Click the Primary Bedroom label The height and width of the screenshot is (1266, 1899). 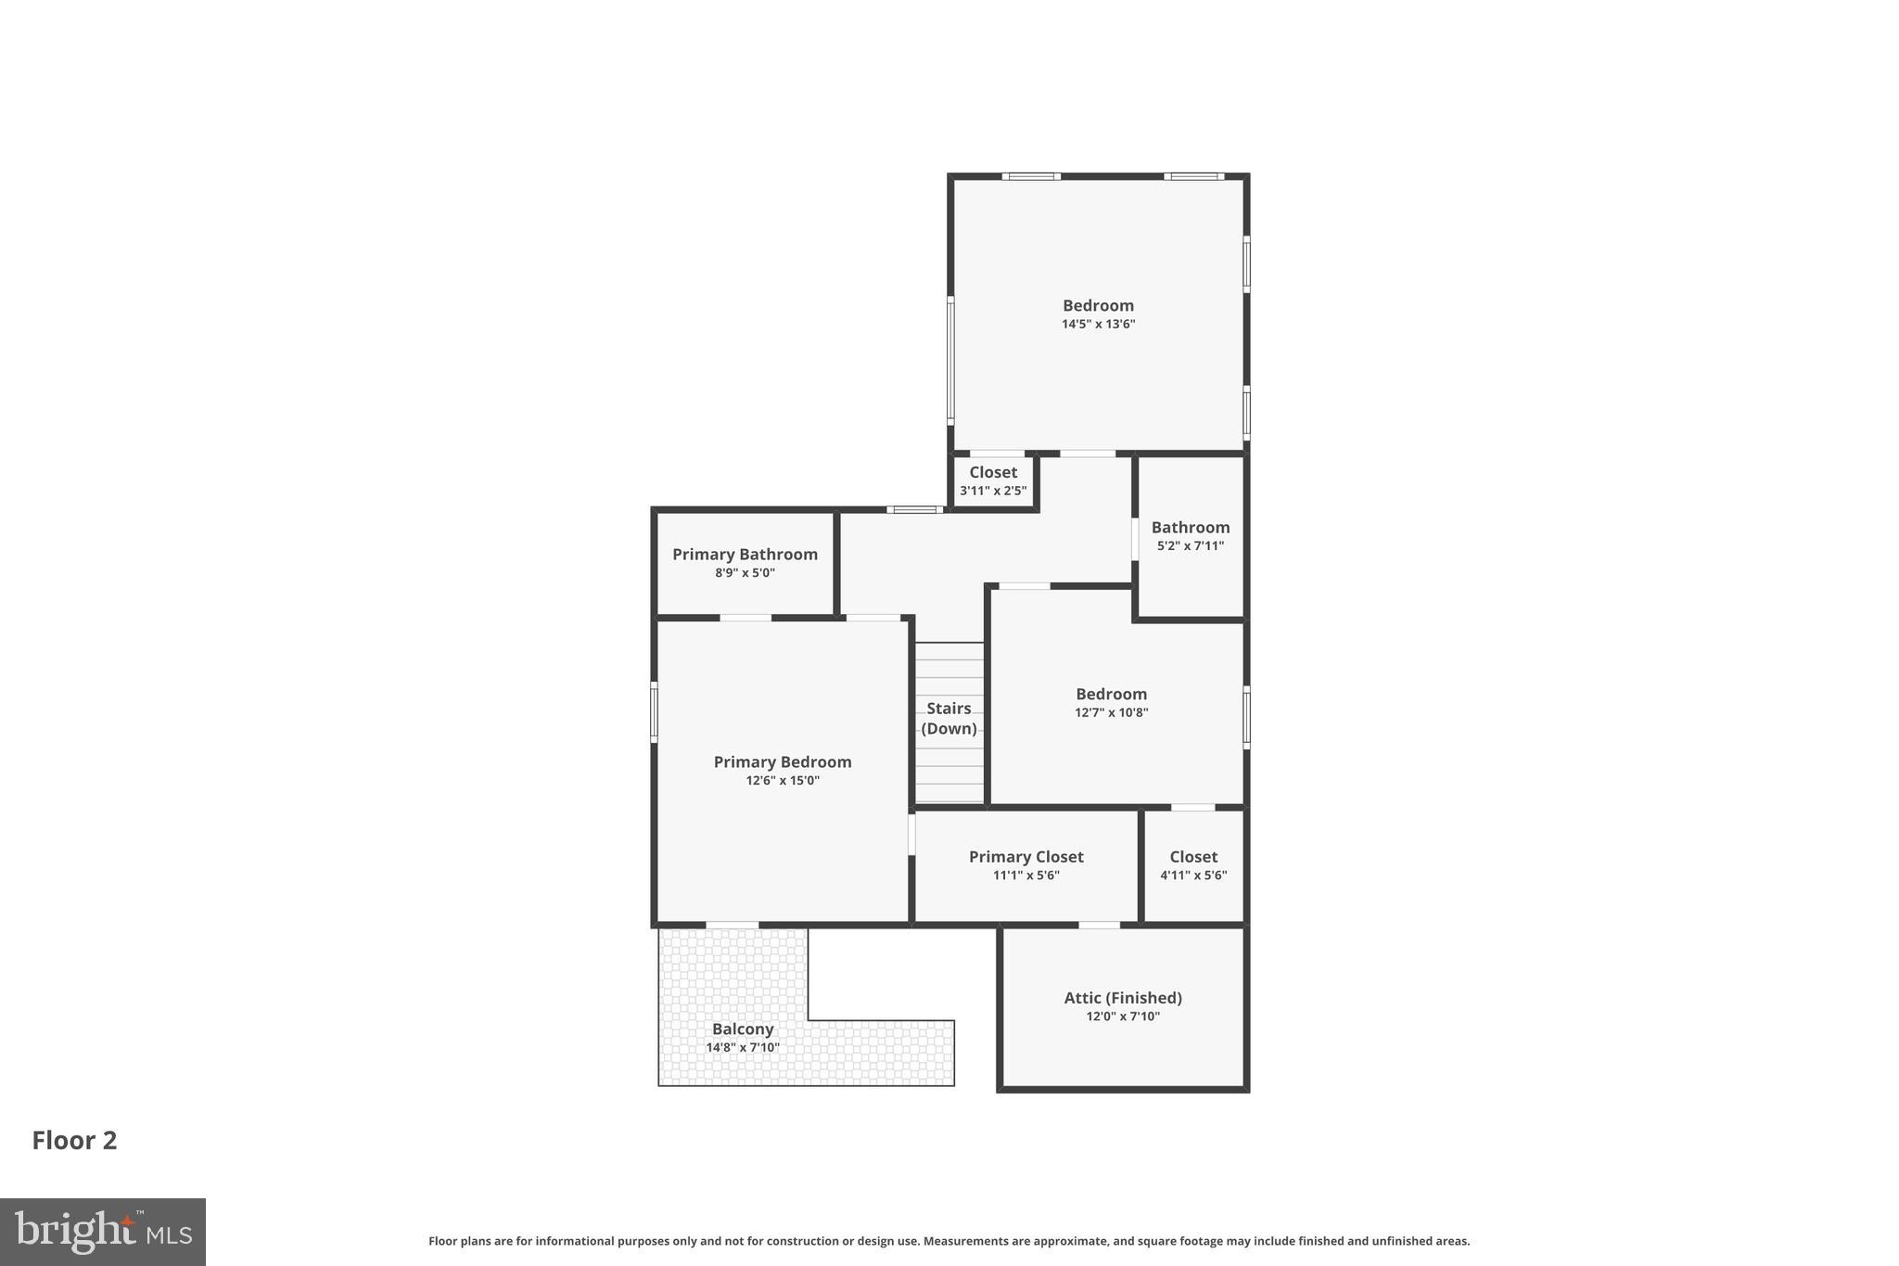pyautogui.click(x=782, y=761)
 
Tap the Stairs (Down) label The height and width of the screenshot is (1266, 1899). pyautogui.click(x=949, y=719)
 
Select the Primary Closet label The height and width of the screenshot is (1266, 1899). pyautogui.click(x=1026, y=857)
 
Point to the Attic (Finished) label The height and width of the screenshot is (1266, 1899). pyautogui.click(x=1122, y=998)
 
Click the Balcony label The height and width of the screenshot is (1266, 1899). pyautogui.click(x=742, y=1029)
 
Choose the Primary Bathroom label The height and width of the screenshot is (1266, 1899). pyautogui.click(x=745, y=555)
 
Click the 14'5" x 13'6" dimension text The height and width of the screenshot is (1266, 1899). pyautogui.click(x=1098, y=325)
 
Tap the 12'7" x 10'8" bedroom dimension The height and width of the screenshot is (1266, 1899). pyautogui.click(x=1111, y=713)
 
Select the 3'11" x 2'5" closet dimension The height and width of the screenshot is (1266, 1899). pyautogui.click(x=992, y=491)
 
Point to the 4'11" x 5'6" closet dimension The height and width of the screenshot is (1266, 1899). pyautogui.click(x=1192, y=876)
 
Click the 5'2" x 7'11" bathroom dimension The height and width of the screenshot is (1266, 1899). pyautogui.click(x=1190, y=546)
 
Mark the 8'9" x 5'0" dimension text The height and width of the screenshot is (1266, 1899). pyautogui.click(x=745, y=573)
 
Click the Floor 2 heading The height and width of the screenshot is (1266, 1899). pyautogui.click(x=74, y=1140)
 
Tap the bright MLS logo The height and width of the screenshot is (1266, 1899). pyautogui.click(x=103, y=1232)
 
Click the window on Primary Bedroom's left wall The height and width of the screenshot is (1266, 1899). pyautogui.click(x=654, y=712)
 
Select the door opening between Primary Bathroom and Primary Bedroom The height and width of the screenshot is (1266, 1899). pyautogui.click(x=746, y=618)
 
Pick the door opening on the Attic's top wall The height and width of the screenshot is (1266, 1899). pyautogui.click(x=1099, y=925)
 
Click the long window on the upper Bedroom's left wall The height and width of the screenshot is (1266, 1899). pyautogui.click(x=950, y=360)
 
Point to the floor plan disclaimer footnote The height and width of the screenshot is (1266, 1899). pyautogui.click(x=949, y=1241)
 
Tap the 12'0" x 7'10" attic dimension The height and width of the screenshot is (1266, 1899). pyautogui.click(x=1122, y=1017)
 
